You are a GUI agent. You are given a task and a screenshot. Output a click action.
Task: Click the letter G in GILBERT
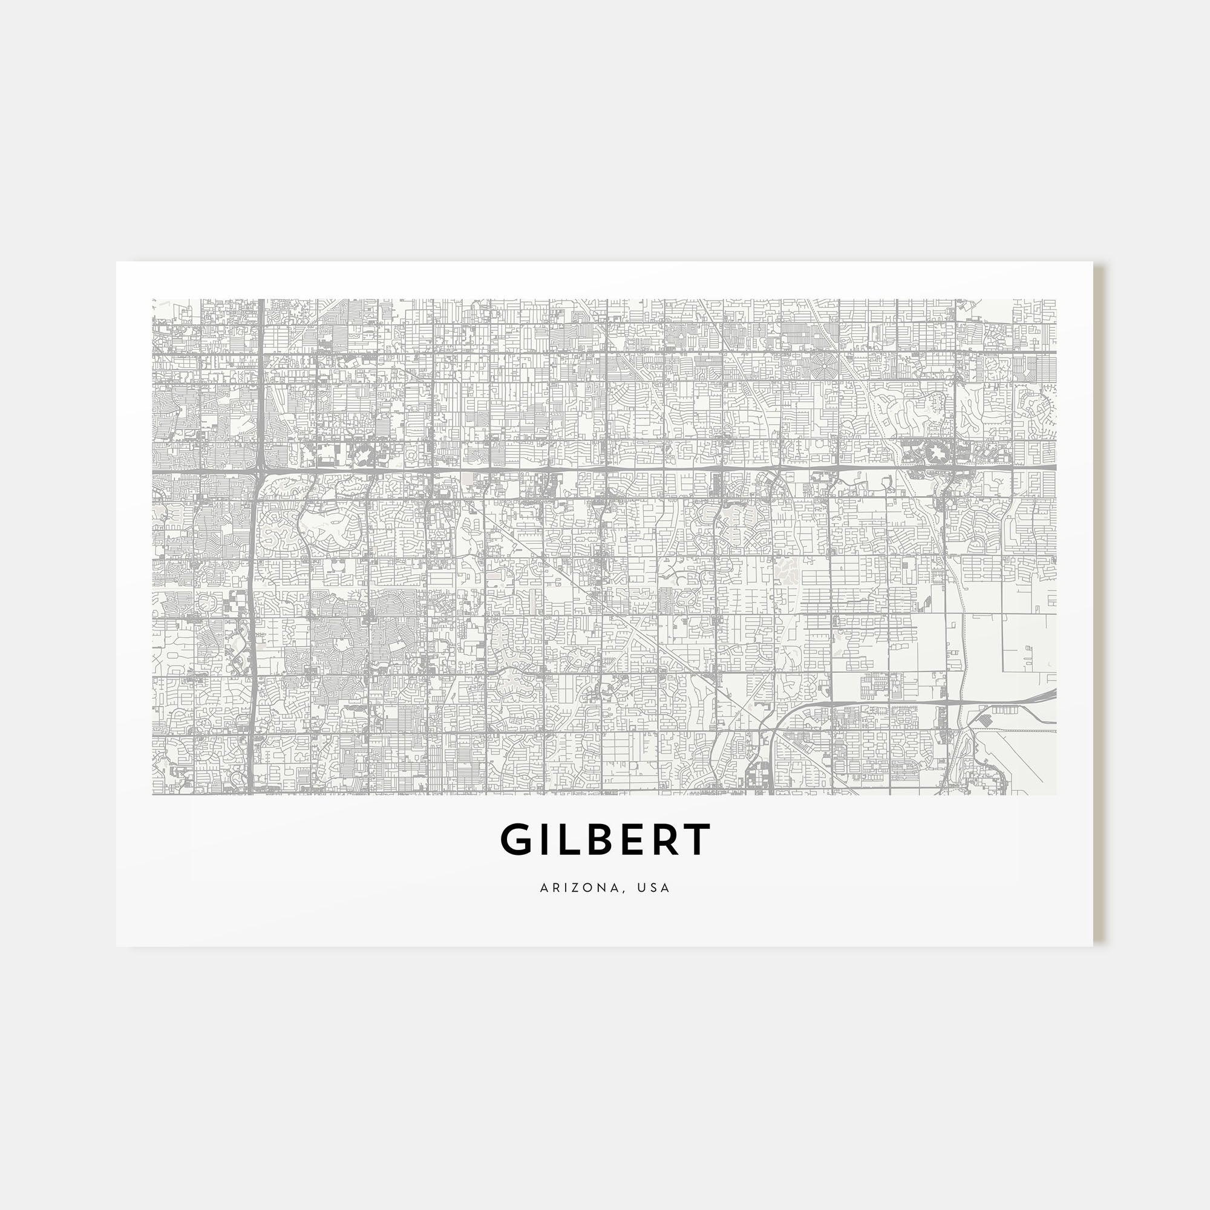pos(515,840)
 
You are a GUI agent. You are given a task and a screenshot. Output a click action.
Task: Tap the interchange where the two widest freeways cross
pos(260,467)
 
